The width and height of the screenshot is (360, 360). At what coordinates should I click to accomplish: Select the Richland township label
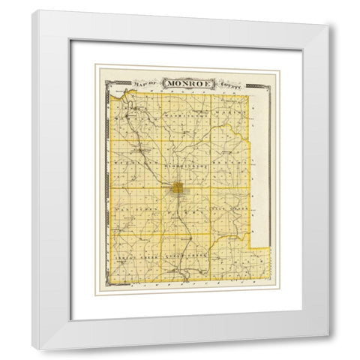point(133,161)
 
